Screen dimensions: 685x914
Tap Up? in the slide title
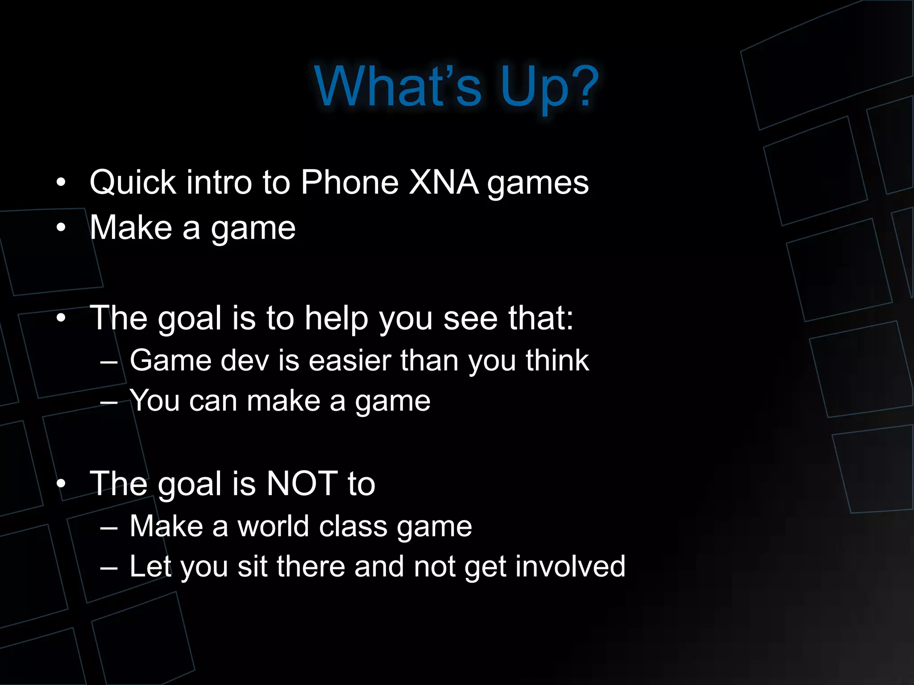(x=549, y=87)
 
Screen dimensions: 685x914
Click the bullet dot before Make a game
(x=61, y=228)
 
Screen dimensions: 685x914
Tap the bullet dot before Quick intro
(x=61, y=182)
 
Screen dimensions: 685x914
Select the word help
(x=336, y=318)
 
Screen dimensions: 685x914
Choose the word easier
(x=349, y=360)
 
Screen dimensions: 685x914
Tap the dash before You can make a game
(x=109, y=402)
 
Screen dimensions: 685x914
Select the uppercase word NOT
(x=302, y=483)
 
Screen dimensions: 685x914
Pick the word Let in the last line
(x=150, y=566)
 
